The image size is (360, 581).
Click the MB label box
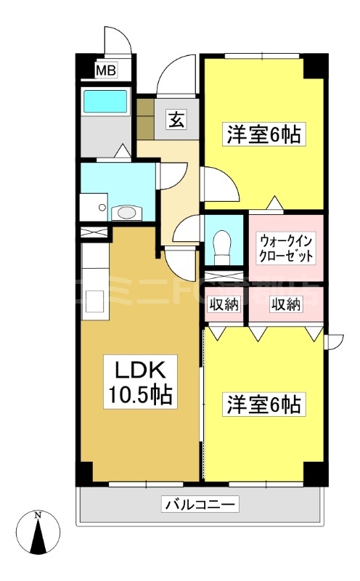coord(106,70)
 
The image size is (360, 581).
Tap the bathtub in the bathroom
coord(105,101)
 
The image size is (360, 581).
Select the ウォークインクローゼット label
coord(286,248)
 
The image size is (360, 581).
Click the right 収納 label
coord(286,304)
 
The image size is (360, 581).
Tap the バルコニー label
coord(200,503)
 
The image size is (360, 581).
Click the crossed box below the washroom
coord(94,232)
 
